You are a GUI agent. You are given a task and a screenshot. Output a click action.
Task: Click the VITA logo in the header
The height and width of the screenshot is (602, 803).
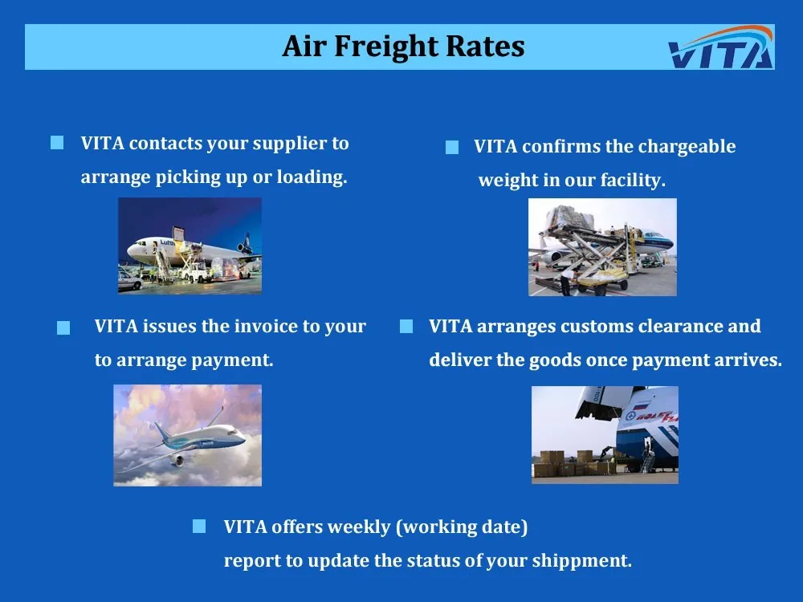point(721,47)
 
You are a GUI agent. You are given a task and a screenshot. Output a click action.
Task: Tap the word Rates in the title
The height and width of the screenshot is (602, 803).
point(486,46)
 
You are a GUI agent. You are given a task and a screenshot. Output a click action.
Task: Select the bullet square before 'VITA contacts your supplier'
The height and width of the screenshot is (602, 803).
point(57,142)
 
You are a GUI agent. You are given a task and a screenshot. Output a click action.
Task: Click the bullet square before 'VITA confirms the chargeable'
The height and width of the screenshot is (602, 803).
point(452,147)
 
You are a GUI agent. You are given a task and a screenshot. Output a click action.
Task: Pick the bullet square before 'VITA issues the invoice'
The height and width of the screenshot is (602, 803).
point(63,327)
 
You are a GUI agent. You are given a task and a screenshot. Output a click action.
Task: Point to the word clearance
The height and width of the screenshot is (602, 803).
point(679,326)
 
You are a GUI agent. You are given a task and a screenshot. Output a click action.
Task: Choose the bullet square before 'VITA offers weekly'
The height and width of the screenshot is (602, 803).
point(199,527)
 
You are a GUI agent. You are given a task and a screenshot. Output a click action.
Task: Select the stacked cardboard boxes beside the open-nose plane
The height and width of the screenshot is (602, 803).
point(573,463)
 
